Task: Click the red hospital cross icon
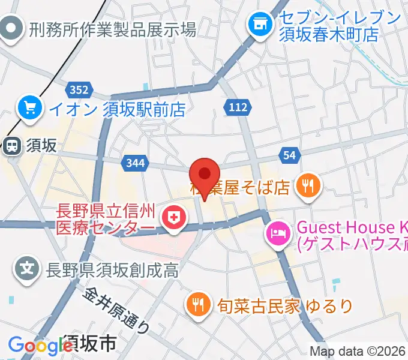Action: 175,217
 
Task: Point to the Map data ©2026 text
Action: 357,352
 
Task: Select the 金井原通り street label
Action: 118,310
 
